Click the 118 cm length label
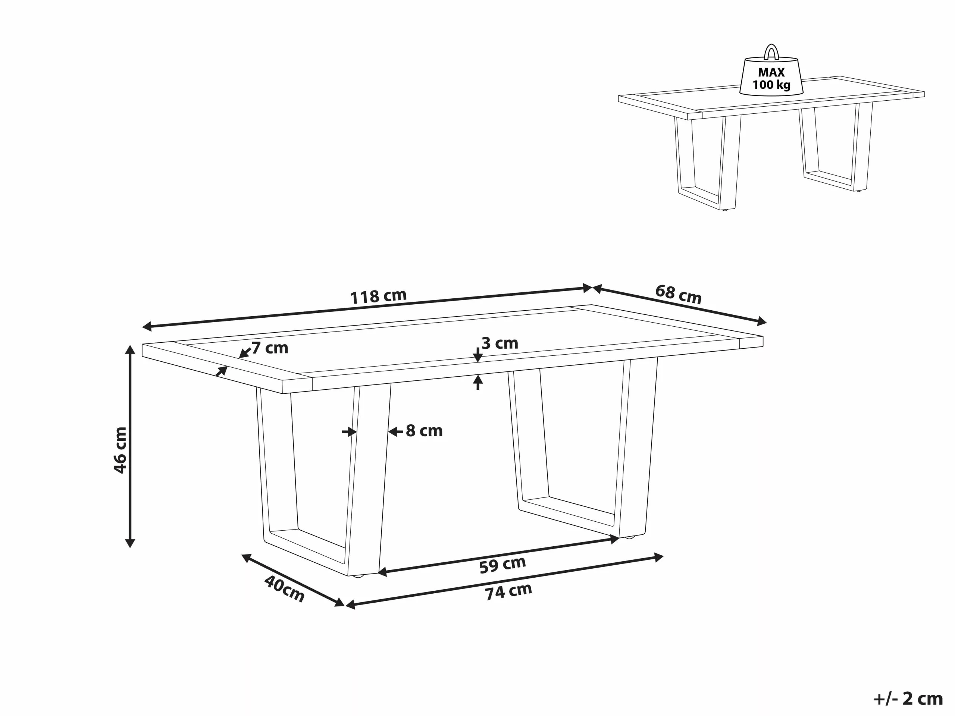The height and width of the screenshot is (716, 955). [378, 296]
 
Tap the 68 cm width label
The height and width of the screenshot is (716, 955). [678, 294]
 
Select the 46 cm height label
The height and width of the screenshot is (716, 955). [120, 450]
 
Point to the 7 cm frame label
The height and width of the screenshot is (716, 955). [270, 348]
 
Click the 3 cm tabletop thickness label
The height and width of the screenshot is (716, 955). [500, 343]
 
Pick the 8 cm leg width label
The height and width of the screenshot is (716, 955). [424, 431]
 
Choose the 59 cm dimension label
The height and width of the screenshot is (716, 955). [502, 565]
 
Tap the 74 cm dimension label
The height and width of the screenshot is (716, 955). [508, 591]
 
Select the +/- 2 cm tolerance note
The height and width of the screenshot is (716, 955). [908, 699]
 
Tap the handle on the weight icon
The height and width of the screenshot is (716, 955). [771, 52]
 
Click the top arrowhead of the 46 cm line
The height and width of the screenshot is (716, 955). [130, 349]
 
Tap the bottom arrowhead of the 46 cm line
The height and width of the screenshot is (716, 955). [130, 544]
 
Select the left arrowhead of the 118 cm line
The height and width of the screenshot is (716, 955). [147, 326]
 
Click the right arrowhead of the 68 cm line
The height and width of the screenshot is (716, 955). [762, 321]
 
